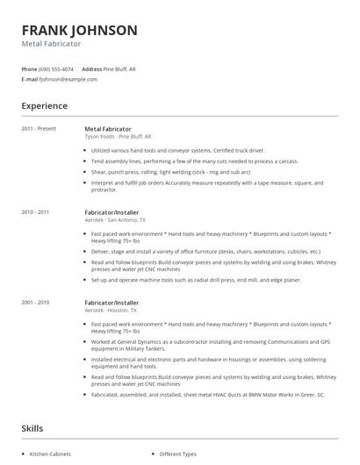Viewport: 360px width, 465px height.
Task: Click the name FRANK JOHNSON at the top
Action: [x=79, y=30]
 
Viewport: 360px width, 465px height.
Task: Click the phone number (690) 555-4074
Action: [x=57, y=68]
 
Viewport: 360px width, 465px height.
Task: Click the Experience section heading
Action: [x=45, y=106]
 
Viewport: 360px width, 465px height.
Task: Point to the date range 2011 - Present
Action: [x=38, y=129]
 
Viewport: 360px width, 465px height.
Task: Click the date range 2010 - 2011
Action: [x=35, y=212]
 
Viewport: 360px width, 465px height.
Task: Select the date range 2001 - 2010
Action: [x=35, y=303]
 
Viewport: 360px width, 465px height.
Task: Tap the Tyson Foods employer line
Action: [x=119, y=137]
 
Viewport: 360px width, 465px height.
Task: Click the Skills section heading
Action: [x=33, y=429]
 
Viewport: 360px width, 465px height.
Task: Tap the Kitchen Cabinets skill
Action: [x=49, y=454]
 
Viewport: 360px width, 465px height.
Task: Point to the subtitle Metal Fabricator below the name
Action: [x=51, y=44]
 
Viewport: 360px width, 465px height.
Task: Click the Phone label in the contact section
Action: [x=30, y=68]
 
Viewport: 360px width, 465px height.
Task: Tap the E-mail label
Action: [x=30, y=79]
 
